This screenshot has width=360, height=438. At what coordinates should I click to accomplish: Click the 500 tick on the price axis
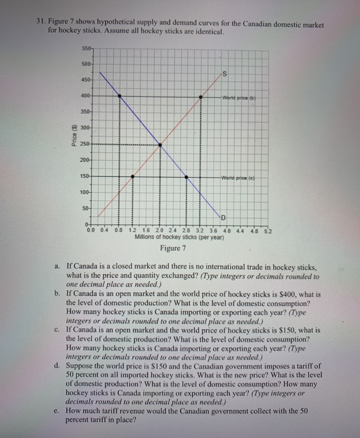tap(85, 64)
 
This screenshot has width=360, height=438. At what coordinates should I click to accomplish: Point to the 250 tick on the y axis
tap(85, 145)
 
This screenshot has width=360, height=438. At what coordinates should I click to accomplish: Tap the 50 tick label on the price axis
tap(87, 206)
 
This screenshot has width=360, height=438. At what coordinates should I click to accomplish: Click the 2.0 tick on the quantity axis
tap(161, 230)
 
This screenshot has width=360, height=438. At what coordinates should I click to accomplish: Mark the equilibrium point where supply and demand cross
tap(161, 145)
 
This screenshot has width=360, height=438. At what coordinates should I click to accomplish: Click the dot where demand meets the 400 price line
tap(120, 96)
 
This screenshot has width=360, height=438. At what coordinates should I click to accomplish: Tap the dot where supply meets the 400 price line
tap(201, 96)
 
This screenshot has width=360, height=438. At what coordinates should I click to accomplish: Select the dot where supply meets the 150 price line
tap(131, 176)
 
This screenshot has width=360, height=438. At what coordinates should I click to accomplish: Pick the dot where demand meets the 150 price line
tap(187, 176)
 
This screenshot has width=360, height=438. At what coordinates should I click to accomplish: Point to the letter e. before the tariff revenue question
tap(57, 410)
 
